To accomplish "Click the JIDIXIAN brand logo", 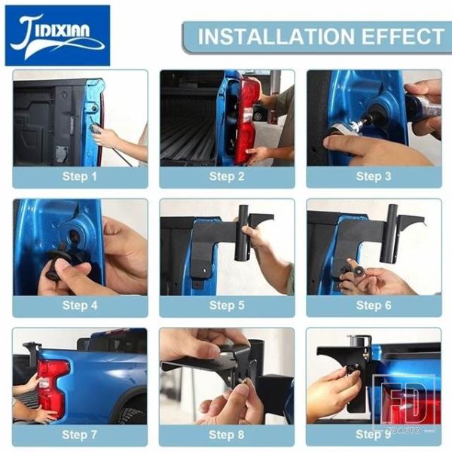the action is click(58, 35).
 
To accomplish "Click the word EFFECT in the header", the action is click(403, 36).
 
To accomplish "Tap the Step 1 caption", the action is click(80, 176).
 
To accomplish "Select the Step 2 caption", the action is click(227, 176).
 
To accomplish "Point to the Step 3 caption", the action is click(374, 176).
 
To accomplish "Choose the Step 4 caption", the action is click(80, 305).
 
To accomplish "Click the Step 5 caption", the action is click(227, 305).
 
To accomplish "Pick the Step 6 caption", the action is click(374, 305).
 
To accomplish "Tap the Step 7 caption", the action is click(79, 435).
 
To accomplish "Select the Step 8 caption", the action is click(226, 435).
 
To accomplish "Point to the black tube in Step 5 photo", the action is click(242, 233).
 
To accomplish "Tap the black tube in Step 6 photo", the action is click(389, 234).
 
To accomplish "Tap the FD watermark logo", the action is click(404, 403).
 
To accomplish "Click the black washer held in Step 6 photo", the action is click(359, 270).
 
